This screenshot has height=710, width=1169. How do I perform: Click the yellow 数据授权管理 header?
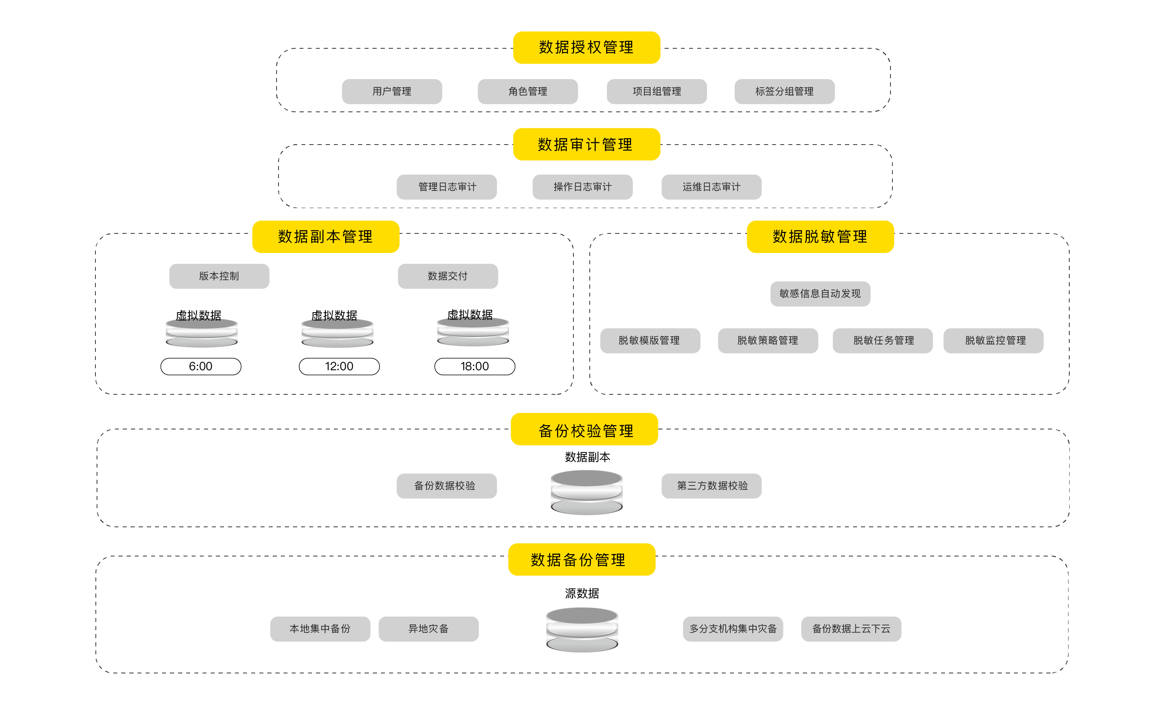coord(586,48)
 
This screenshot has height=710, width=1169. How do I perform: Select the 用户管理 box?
coord(392,91)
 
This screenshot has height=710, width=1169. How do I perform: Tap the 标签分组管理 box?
coord(784,91)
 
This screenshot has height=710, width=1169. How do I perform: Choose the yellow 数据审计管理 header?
coord(586,144)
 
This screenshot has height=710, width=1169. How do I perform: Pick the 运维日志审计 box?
coord(711,187)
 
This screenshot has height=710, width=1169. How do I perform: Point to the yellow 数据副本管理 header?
coord(326,237)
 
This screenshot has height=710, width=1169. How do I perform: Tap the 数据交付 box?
coord(448,276)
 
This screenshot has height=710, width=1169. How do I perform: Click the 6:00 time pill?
coord(201,366)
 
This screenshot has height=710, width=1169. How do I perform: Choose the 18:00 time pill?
coord(474,366)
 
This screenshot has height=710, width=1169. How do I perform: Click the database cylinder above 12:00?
coord(337,333)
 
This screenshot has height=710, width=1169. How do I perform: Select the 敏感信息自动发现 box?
coord(820,294)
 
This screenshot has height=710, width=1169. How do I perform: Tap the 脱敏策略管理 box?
coord(768,340)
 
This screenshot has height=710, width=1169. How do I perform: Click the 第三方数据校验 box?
coord(711,486)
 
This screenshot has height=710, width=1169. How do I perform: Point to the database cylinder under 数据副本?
coord(586,493)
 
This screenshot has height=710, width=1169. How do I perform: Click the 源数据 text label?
coord(582,593)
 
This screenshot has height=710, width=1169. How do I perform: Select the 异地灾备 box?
coord(428,629)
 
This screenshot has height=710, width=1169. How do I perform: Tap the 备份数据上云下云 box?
coord(851,629)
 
